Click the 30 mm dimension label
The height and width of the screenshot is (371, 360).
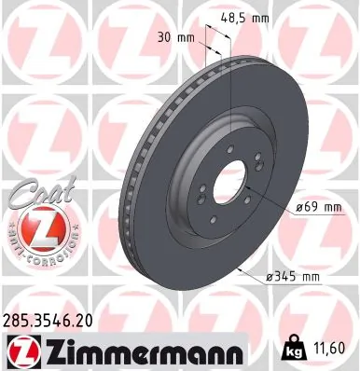click(174, 38)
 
